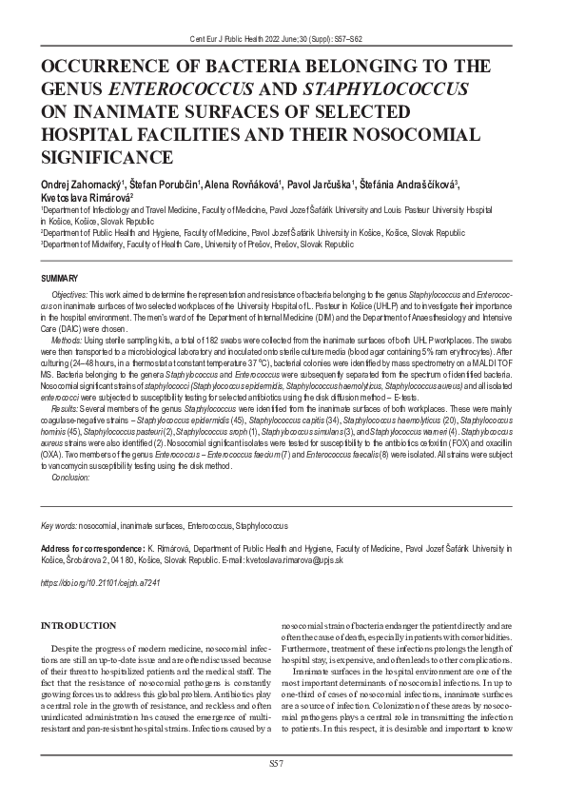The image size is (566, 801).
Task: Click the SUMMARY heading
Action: (x=59, y=277)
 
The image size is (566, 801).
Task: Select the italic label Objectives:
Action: (x=70, y=297)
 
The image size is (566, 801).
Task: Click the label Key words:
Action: (x=58, y=525)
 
